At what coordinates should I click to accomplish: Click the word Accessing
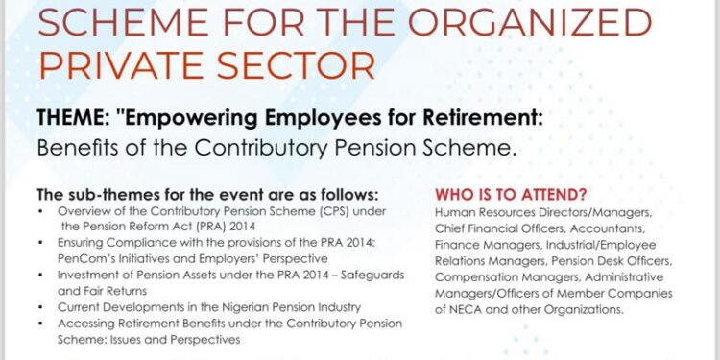pos(86,323)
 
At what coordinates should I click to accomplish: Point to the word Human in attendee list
pos(455,211)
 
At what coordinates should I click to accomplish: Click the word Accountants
pos(615,228)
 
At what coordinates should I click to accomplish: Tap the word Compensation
pos(478,276)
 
